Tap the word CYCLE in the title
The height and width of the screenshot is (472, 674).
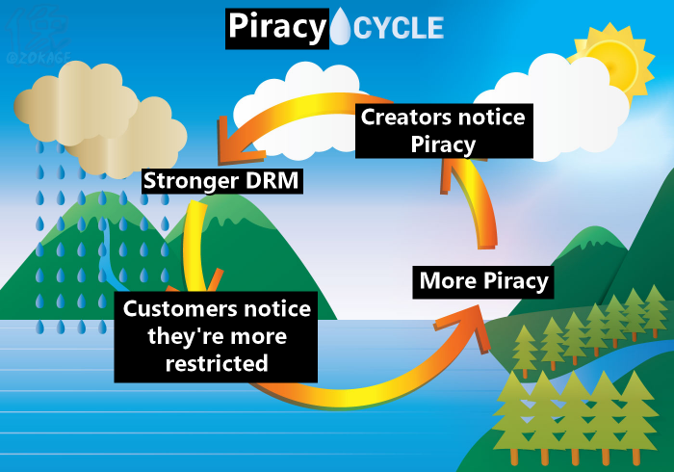click(x=400, y=29)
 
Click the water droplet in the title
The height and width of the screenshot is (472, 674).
click(x=341, y=28)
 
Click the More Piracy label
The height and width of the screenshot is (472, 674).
click(x=484, y=281)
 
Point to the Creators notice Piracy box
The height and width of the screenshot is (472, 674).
click(x=443, y=131)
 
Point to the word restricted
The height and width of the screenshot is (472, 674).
click(x=217, y=364)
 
